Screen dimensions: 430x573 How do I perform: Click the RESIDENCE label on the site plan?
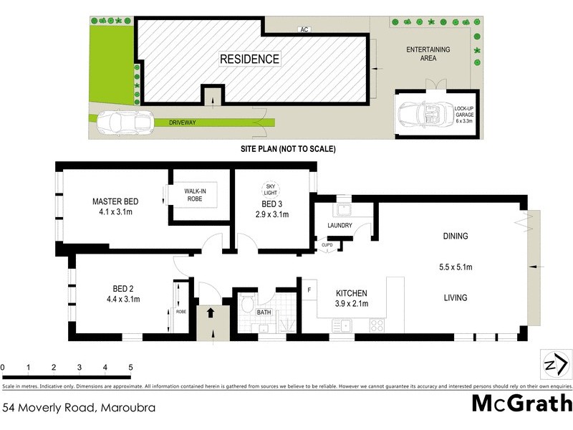249,59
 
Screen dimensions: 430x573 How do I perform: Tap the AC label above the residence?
304,29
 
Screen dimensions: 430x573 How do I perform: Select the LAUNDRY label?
340,226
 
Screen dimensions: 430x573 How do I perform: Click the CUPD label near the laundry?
327,244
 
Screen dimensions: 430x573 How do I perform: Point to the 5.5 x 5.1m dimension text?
456,267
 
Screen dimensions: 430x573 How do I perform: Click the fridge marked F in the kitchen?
309,290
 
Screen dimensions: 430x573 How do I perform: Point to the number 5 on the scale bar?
130,367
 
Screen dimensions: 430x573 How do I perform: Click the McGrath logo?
521,403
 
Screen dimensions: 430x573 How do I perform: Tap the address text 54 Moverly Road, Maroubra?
79,407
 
